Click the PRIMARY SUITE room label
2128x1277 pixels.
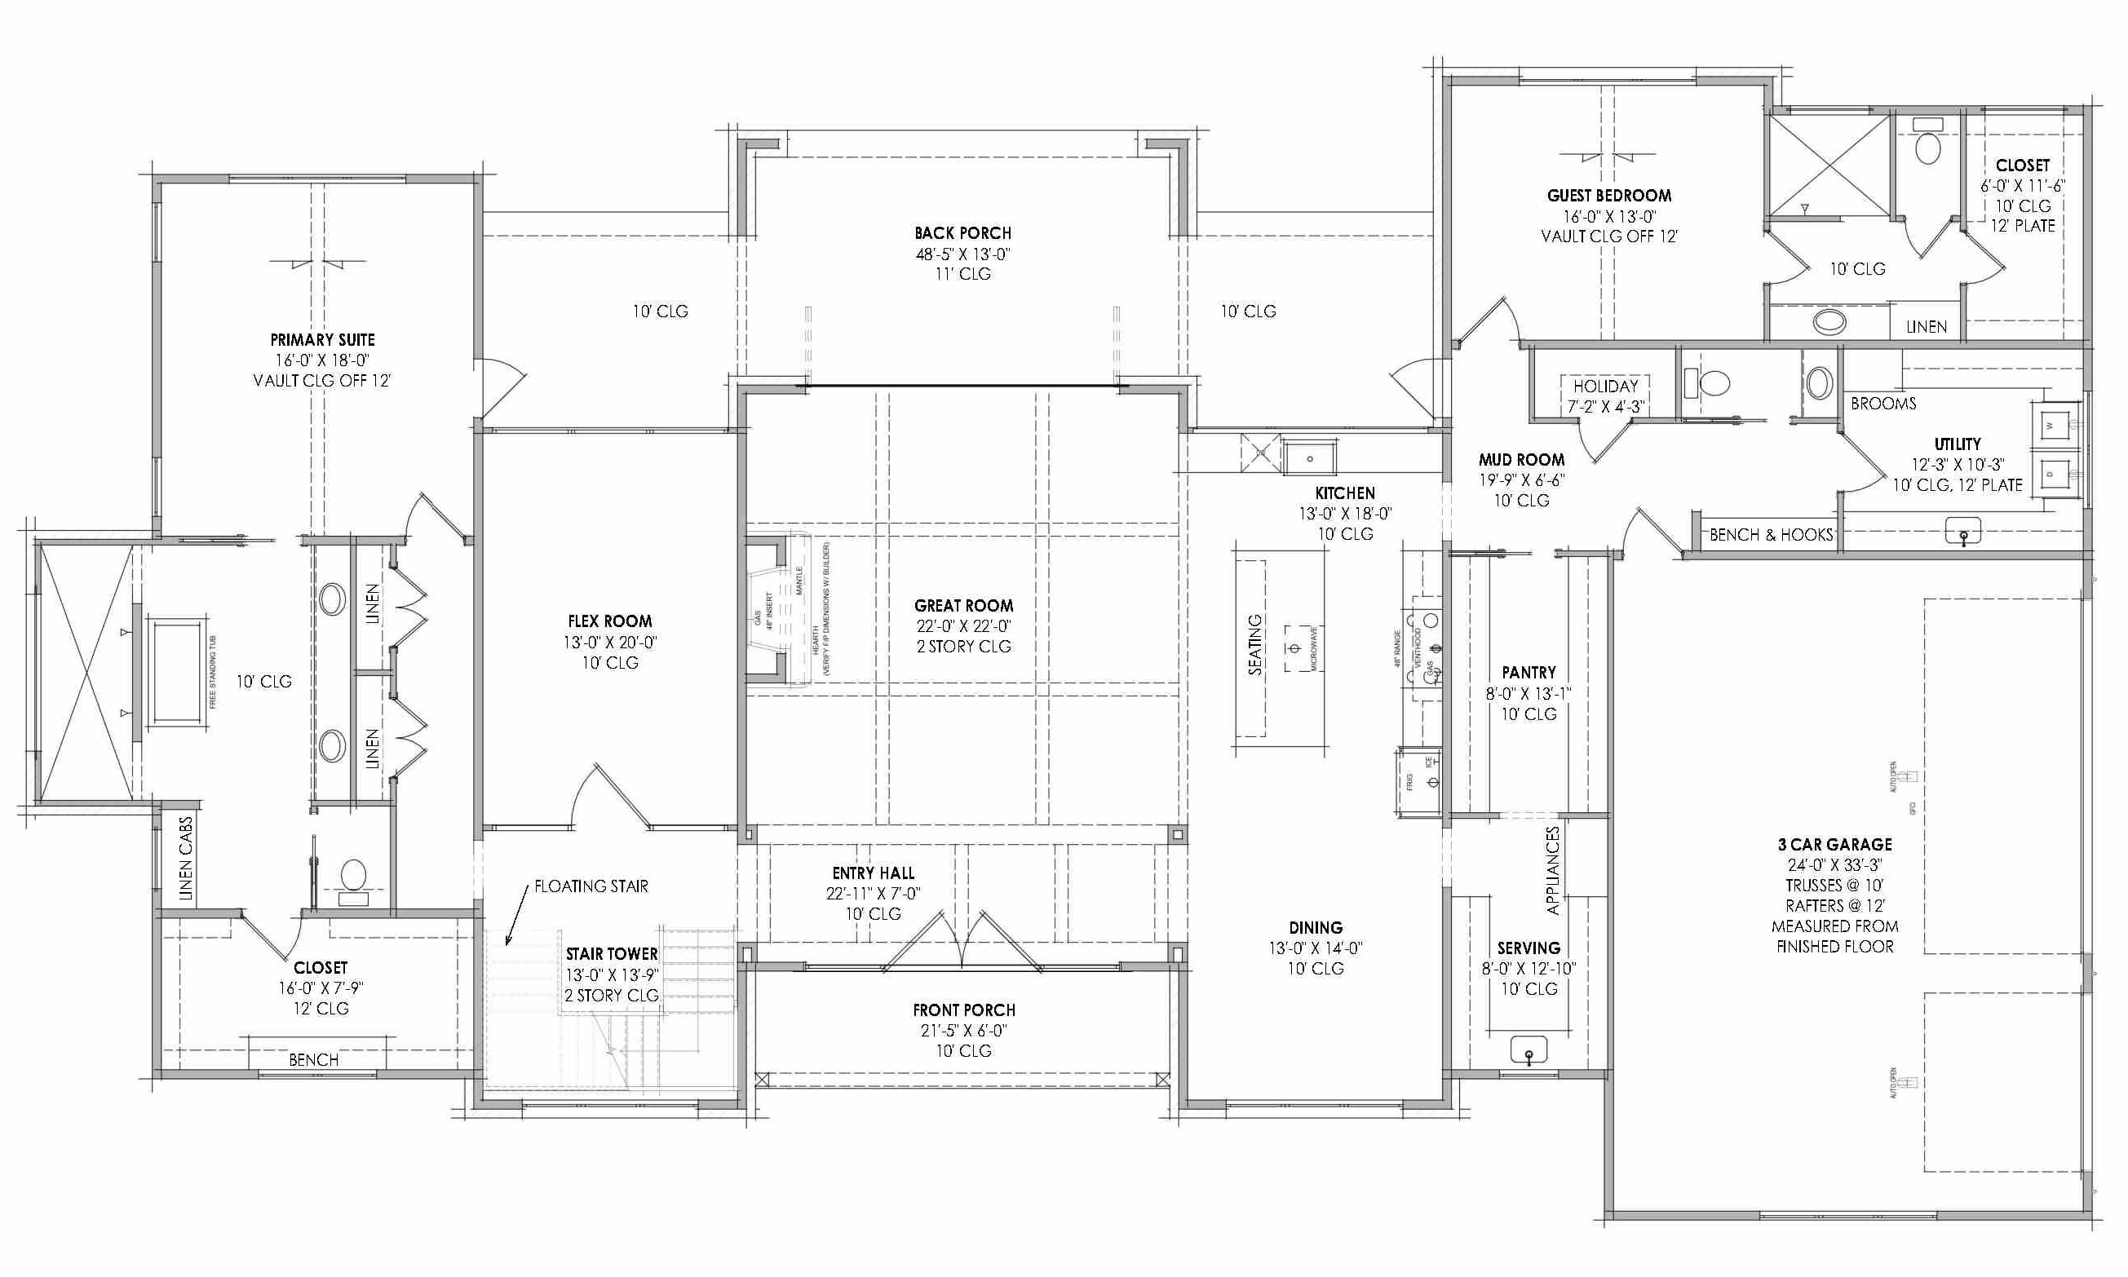pos(322,340)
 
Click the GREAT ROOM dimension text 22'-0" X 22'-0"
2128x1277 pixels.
pos(963,626)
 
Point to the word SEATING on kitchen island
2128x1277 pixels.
pos(1254,644)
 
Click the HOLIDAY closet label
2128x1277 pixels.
pos(1605,387)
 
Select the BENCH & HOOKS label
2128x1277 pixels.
pos(1771,534)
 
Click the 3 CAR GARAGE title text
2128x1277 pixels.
pos(1834,844)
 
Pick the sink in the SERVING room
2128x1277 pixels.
pos(1529,1049)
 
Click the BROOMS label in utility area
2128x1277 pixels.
pos(1882,404)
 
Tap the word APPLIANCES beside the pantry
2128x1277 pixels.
pos(1552,870)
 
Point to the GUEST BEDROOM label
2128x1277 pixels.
pos(1609,196)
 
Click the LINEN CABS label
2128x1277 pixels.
pos(186,858)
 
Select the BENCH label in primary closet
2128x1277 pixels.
pos(313,1059)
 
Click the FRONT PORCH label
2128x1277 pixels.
pos(964,1010)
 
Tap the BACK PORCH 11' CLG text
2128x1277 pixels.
pos(963,274)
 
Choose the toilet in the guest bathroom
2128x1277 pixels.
pos(1927,146)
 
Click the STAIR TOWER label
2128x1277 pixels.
pos(611,953)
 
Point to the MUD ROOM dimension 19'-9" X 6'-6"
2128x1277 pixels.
pos(1521,480)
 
